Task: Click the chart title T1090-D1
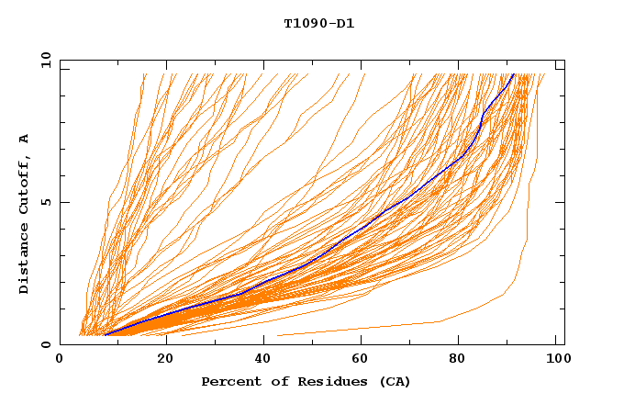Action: click(318, 23)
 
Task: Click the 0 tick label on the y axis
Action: click(44, 344)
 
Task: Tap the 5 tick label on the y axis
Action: click(44, 202)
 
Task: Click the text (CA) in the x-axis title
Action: click(396, 381)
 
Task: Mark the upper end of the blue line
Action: click(514, 74)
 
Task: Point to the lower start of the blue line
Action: click(106, 335)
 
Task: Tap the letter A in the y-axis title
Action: click(25, 138)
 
